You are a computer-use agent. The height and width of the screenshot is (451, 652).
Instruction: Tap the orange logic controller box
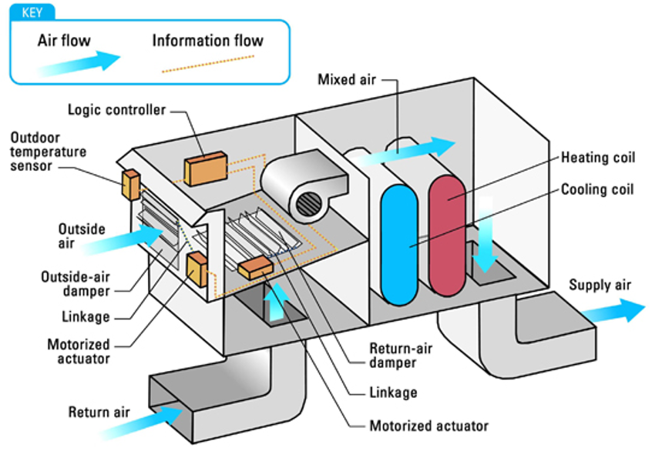[x=205, y=169]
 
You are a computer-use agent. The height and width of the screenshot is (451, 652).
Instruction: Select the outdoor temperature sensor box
[x=129, y=183]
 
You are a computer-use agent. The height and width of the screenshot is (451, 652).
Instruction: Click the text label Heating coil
[x=598, y=158]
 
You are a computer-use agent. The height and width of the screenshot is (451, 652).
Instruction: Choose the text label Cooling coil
[x=598, y=189]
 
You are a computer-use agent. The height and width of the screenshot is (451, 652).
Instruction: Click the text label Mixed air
[x=346, y=79]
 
